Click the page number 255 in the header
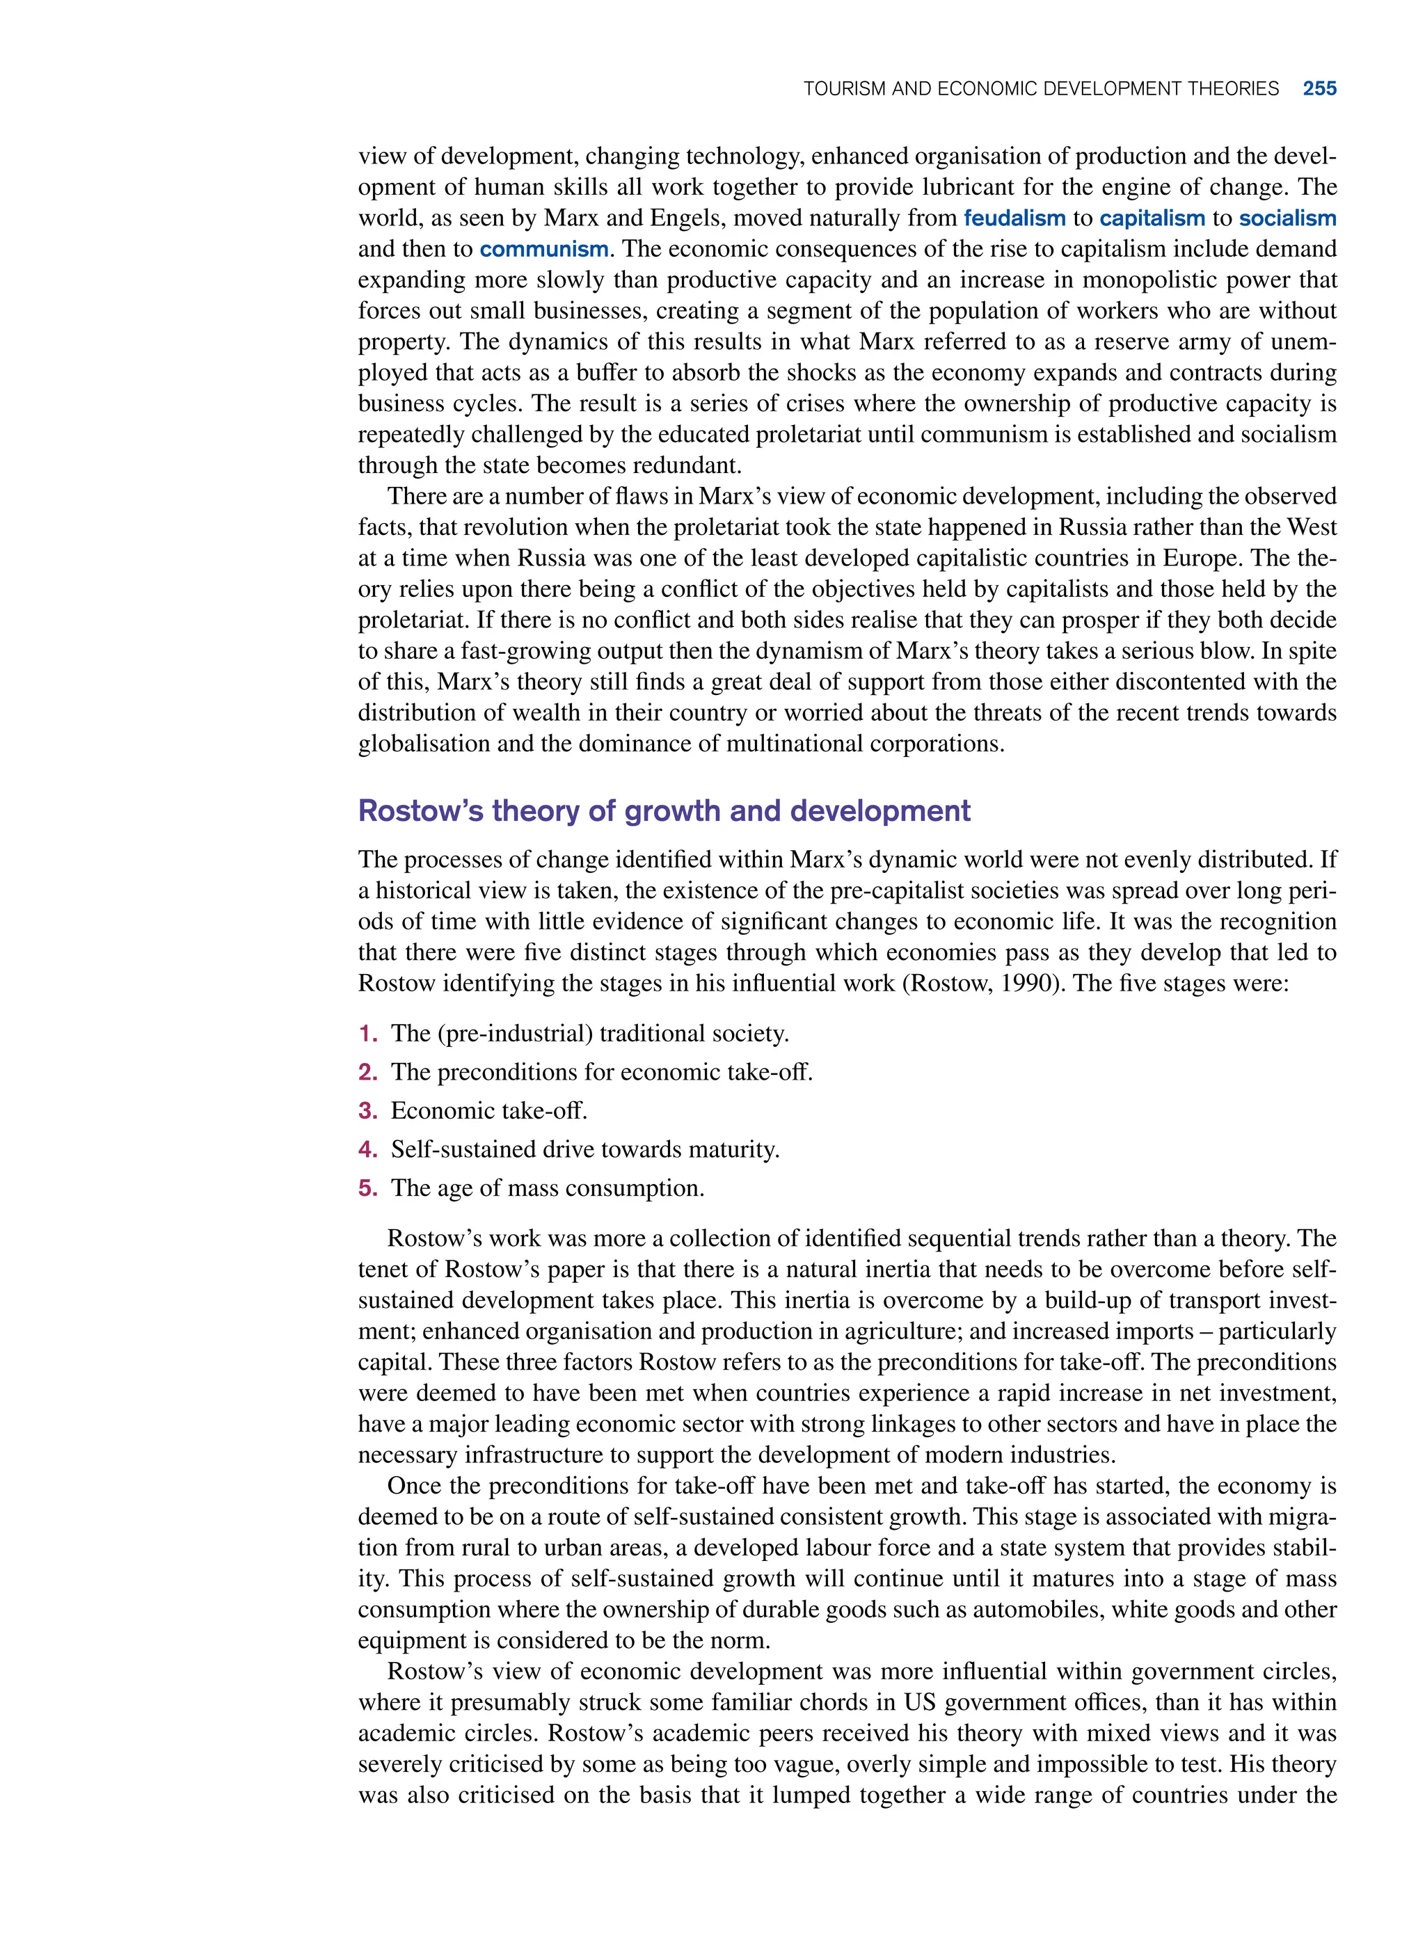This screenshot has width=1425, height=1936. [1319, 89]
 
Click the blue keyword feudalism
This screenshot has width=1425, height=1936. [1014, 218]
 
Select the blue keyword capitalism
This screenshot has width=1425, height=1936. [1152, 218]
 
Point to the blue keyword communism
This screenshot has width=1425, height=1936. [543, 249]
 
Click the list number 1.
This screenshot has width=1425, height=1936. [367, 1033]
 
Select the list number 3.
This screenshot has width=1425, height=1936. [367, 1111]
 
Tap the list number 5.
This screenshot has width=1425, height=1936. [367, 1188]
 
